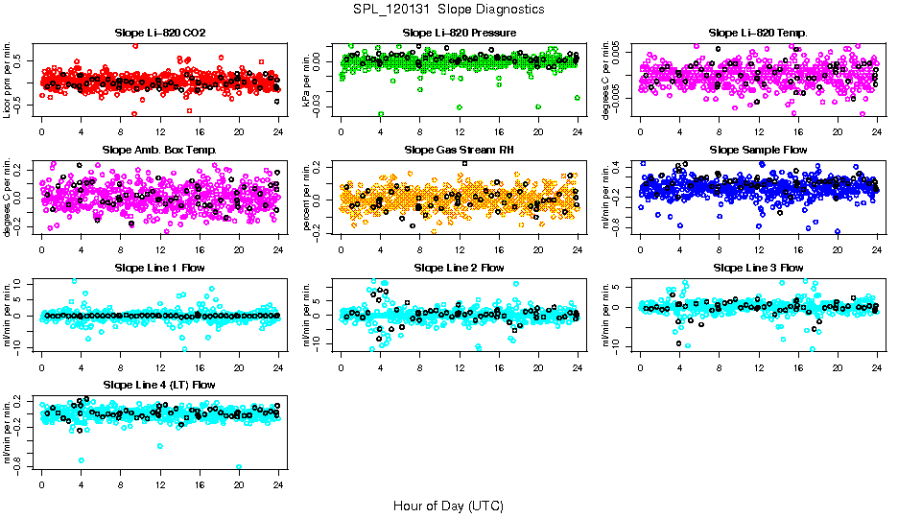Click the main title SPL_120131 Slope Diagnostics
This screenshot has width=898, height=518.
[x=448, y=10]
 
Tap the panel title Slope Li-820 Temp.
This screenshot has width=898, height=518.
[x=758, y=34]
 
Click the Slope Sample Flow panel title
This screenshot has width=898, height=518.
[x=758, y=151]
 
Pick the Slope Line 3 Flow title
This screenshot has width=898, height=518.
[x=758, y=268]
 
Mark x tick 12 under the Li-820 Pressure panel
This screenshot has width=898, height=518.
[x=460, y=132]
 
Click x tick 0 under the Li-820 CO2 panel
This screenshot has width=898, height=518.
[x=41, y=132]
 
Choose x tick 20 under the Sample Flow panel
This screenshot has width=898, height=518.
[x=838, y=249]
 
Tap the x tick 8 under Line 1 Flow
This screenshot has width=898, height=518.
[x=120, y=366]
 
